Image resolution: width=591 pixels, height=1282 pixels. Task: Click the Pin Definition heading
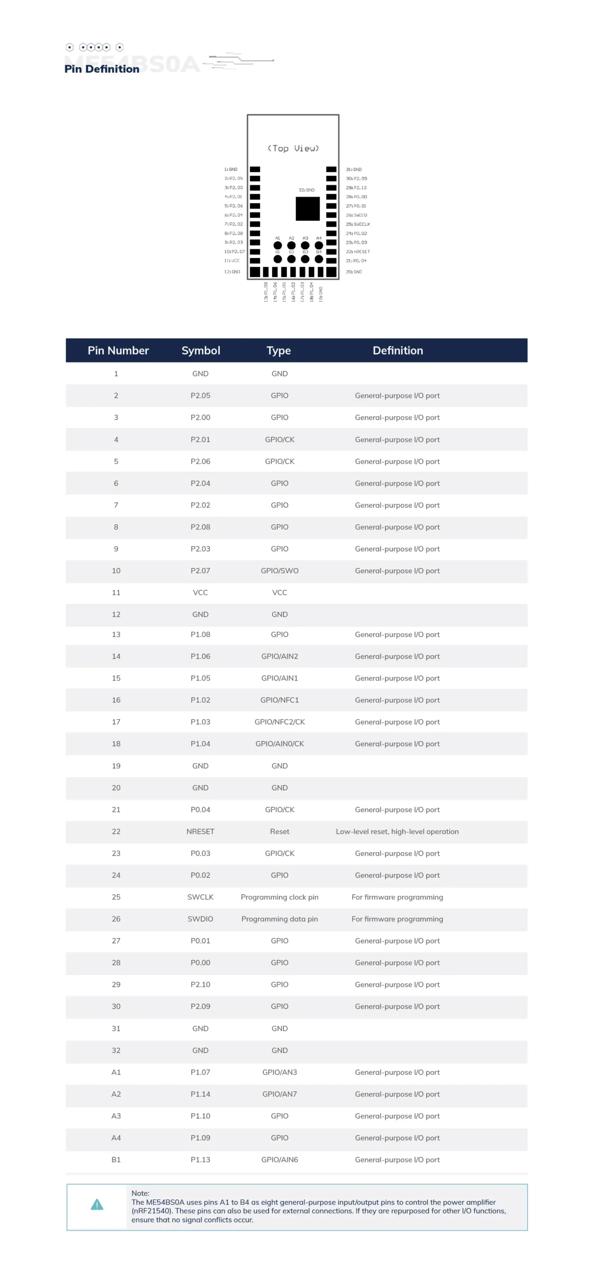[x=102, y=69]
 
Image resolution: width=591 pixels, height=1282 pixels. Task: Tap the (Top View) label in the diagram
[x=293, y=148]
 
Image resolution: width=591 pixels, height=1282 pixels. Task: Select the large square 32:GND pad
[x=308, y=209]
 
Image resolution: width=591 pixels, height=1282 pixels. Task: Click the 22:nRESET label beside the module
[x=358, y=251]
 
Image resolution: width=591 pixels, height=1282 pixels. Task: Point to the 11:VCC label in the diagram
[x=232, y=260]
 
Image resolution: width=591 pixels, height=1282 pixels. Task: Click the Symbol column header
[x=200, y=351]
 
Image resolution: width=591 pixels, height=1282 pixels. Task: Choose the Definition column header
[x=398, y=351]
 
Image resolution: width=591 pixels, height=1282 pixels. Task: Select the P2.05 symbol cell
[x=200, y=396]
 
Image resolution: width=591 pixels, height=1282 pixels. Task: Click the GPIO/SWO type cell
[x=279, y=571]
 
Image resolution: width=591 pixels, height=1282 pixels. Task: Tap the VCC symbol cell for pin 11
[x=200, y=592]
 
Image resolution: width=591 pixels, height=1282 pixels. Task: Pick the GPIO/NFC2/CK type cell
[x=279, y=722]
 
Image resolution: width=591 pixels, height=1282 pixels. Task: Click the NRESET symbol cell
[x=200, y=831]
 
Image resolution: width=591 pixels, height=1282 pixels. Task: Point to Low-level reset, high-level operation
[x=397, y=831]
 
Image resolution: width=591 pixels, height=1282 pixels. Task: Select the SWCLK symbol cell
[x=200, y=897]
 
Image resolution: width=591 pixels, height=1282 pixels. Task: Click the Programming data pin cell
[x=279, y=919]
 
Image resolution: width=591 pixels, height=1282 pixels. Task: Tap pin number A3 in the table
[x=116, y=1116]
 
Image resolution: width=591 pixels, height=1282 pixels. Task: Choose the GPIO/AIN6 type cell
[x=279, y=1160]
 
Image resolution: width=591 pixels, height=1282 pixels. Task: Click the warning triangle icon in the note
[x=97, y=1205]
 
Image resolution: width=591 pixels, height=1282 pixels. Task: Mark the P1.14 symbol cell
[x=200, y=1094]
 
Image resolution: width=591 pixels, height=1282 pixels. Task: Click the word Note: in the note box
[x=140, y=1193]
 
